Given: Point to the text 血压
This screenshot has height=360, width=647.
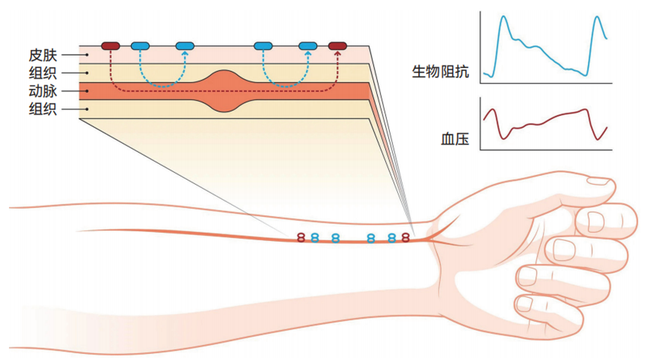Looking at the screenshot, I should [455, 138].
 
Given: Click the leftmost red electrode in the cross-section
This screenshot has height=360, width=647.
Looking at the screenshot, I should [110, 46].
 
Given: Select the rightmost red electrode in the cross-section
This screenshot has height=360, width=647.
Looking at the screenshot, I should [337, 46].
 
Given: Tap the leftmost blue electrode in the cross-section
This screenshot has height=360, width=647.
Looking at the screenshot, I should [140, 46].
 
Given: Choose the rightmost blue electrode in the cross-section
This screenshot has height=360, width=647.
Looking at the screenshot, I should [308, 46].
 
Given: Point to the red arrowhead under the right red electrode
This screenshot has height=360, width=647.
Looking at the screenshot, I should [337, 54].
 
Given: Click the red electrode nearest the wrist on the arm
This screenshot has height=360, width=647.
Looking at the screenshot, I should [405, 237].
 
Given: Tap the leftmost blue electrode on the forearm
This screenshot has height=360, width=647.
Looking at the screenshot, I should [315, 237].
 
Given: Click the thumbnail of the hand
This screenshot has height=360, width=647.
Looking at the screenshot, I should [597, 180].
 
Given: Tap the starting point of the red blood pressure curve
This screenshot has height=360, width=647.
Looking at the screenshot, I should [485, 120].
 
